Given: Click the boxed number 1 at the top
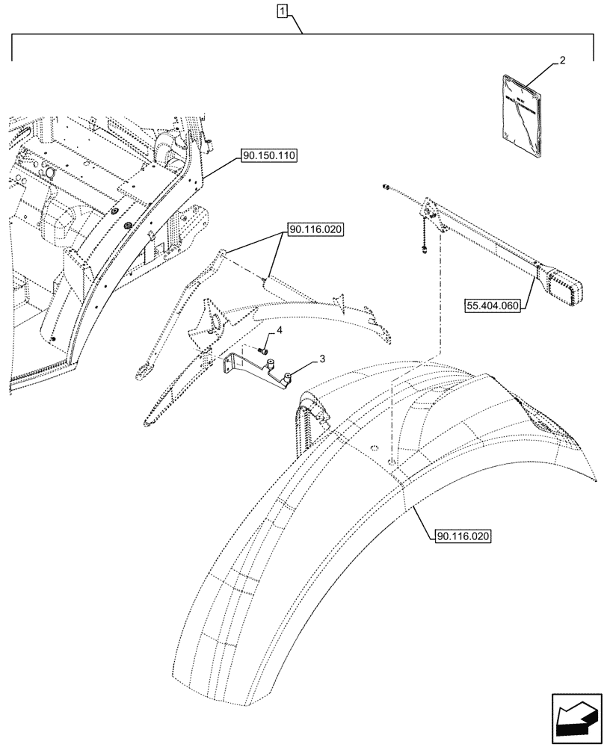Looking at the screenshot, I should (x=282, y=10).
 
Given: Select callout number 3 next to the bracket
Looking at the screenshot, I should (x=321, y=360).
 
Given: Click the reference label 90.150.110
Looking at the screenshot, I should (x=269, y=155).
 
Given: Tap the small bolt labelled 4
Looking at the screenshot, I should (x=263, y=349).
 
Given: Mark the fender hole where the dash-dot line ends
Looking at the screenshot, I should (x=391, y=461).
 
